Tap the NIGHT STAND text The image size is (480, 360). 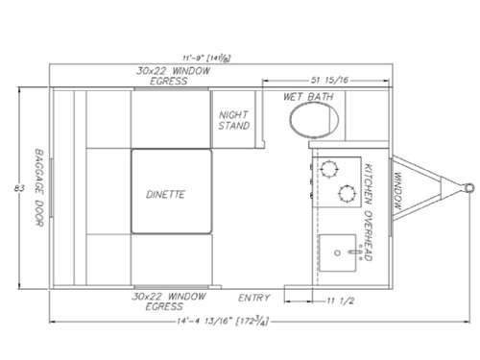coord(235,119)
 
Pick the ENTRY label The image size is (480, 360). coord(254,297)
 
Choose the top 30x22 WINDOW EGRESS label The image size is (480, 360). coord(169,76)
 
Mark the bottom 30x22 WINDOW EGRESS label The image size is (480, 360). coord(169,301)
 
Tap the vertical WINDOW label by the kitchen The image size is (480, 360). coord(396,189)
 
